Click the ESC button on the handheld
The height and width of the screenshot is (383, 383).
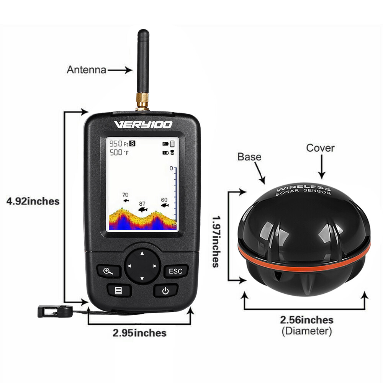(176, 271)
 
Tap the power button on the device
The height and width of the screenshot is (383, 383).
(165, 291)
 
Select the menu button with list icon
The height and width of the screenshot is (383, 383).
(118, 290)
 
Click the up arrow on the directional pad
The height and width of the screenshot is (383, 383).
(142, 253)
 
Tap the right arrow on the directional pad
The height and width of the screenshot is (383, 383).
(155, 266)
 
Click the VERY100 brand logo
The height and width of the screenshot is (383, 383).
(143, 124)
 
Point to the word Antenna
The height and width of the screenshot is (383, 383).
(86, 70)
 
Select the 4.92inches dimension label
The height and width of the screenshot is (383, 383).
(33, 201)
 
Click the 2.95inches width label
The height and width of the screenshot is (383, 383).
(139, 333)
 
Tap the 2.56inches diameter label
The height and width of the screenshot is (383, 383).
(306, 320)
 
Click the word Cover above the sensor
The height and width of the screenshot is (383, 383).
(320, 148)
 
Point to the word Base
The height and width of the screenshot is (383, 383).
(249, 157)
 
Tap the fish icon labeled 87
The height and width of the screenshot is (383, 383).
(142, 210)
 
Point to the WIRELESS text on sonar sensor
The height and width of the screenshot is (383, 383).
(303, 188)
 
